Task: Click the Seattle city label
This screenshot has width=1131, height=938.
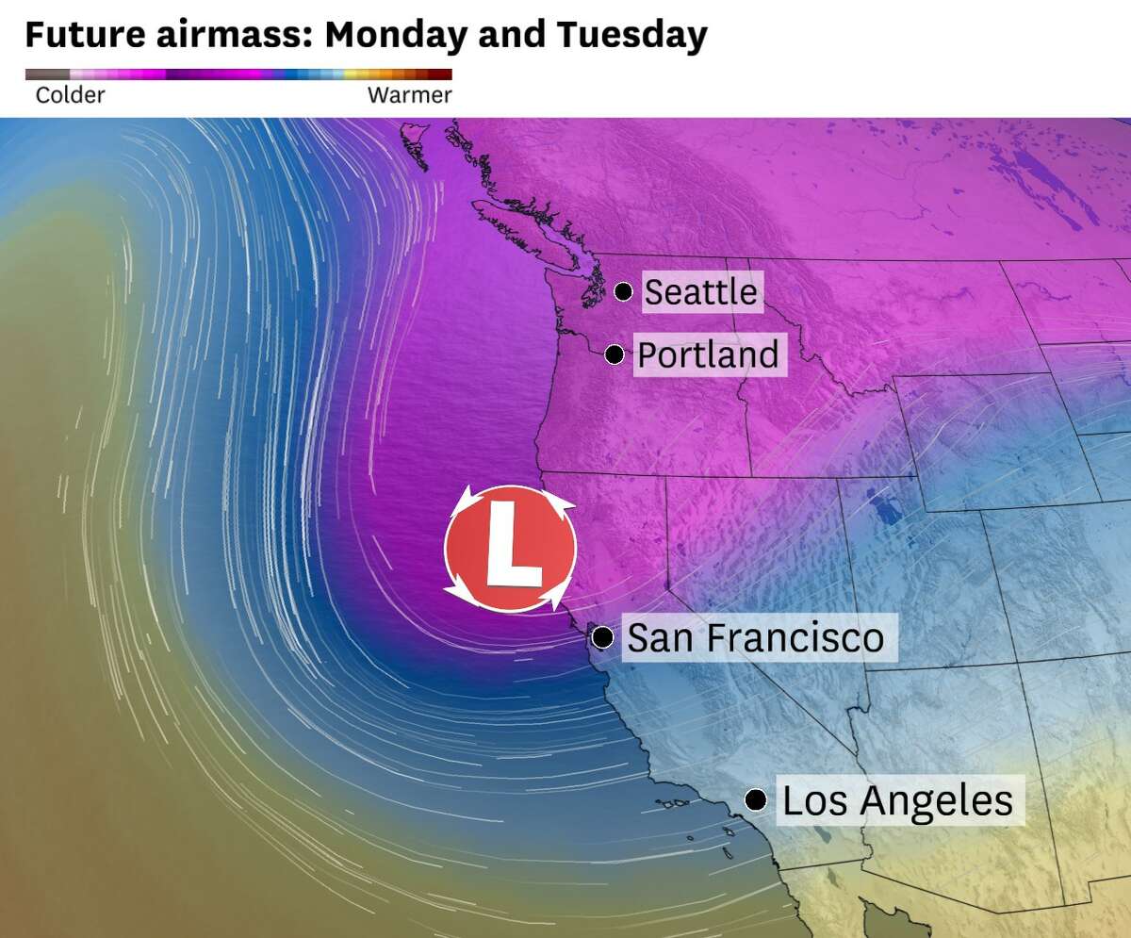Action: [700, 291]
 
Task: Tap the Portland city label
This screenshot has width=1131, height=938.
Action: [708, 355]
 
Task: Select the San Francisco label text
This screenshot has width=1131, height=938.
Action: [756, 638]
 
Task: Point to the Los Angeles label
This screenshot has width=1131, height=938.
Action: [897, 801]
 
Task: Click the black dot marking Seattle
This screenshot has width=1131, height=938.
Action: [623, 291]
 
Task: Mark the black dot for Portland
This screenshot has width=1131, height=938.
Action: [615, 354]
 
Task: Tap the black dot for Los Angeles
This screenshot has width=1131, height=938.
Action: [754, 800]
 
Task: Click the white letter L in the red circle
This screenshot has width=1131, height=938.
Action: [511, 548]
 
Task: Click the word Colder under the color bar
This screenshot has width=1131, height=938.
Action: [70, 95]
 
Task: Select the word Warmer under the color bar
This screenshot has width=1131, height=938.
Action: [409, 95]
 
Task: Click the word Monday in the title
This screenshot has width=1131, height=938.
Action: [395, 36]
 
